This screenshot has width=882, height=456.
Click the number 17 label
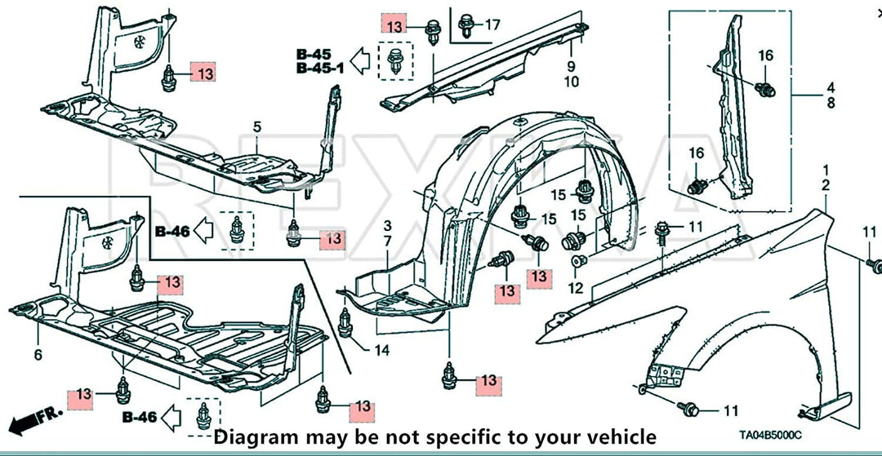coord(492,24)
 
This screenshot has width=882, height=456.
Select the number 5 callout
coord(257,127)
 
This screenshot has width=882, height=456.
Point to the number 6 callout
coord(38,355)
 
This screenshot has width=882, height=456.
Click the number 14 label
coord(382,351)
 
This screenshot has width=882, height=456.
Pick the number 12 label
coord(576,289)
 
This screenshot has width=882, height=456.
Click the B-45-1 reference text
coord(322,68)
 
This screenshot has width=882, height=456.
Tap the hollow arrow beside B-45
coord(360,60)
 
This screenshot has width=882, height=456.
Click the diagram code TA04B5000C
coord(770,436)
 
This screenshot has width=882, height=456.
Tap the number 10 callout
coord(571,82)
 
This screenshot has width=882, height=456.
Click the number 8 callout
coord(831,104)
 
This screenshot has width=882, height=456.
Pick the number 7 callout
coord(388,241)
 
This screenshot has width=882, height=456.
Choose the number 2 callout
coord(826,186)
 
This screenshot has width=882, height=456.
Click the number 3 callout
coord(388,226)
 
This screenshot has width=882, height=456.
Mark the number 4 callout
coord(831,87)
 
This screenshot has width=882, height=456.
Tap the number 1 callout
coord(826,170)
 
